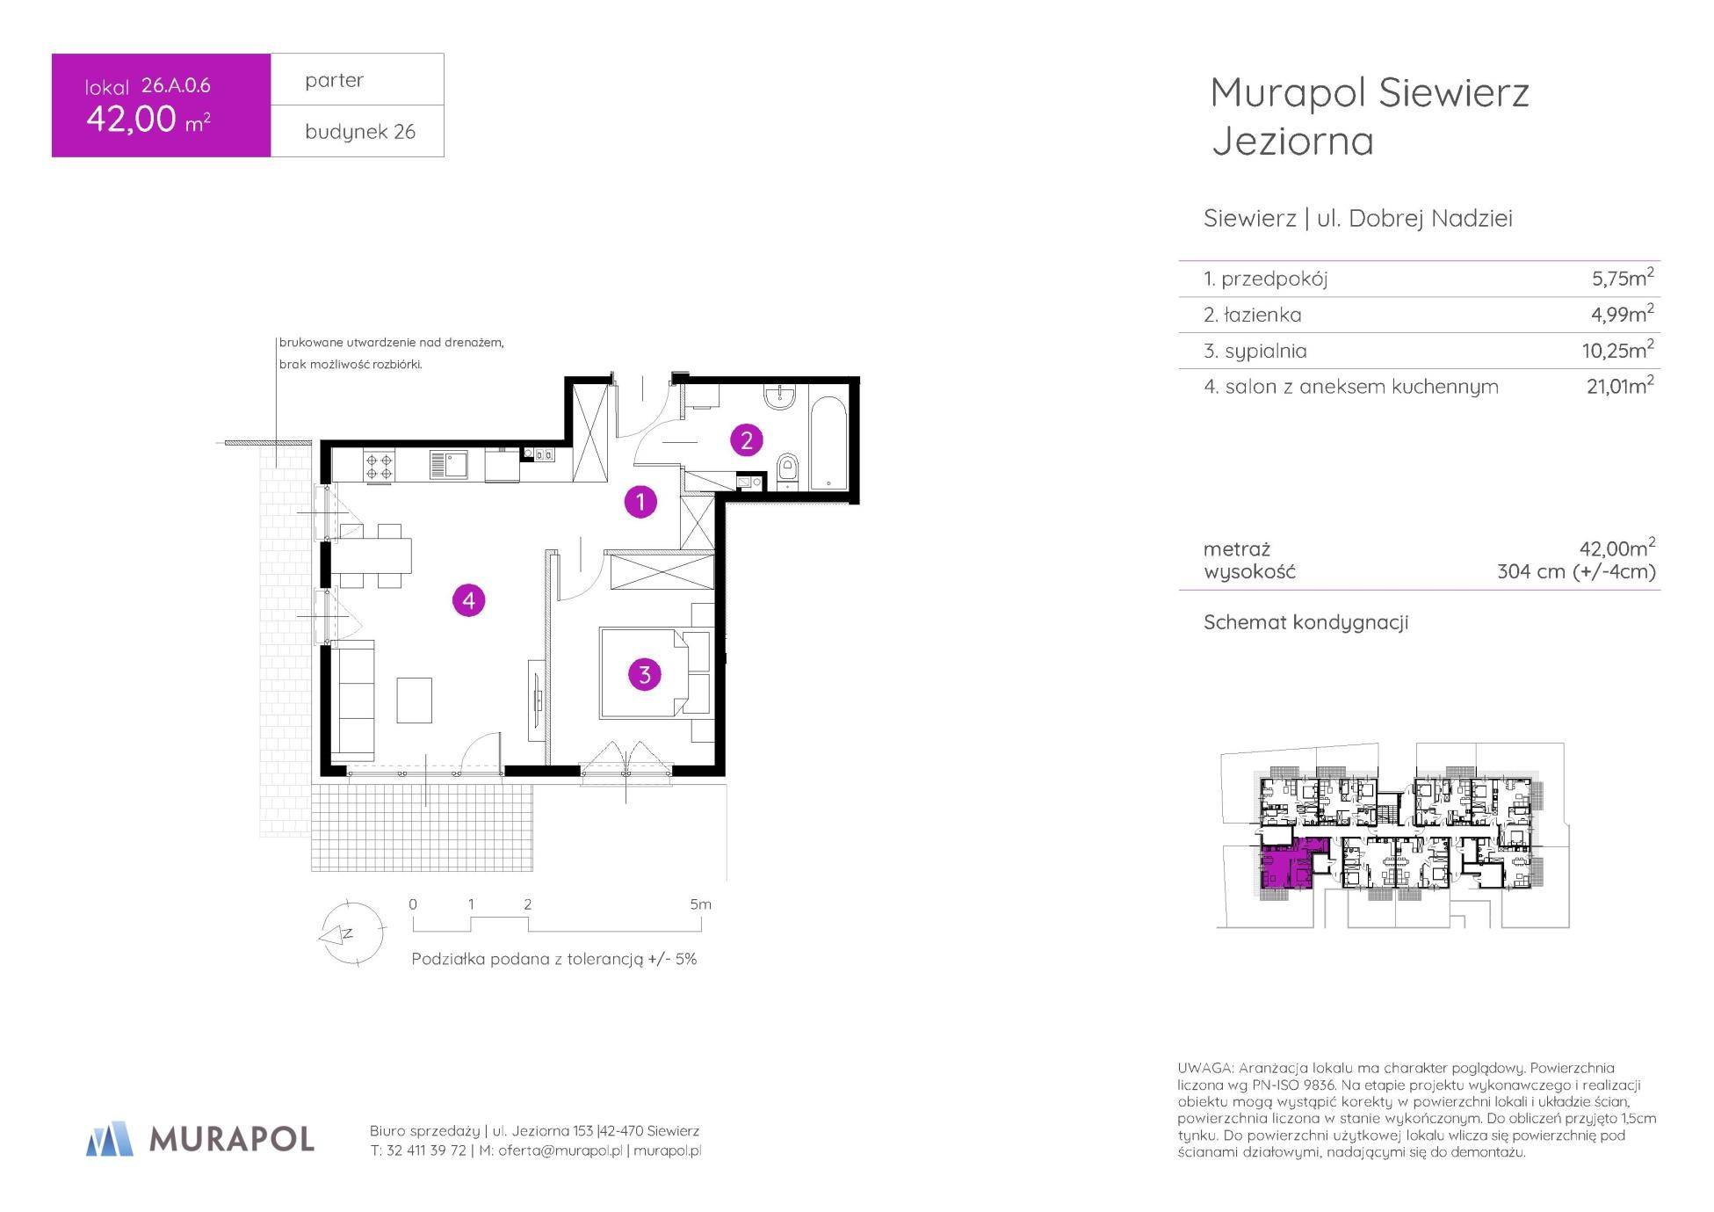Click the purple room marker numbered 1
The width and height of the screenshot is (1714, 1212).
point(640,502)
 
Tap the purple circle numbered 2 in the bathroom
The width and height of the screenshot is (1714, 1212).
point(747,439)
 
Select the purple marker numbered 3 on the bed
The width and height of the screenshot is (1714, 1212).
point(645,674)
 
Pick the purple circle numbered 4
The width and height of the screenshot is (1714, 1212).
point(468,600)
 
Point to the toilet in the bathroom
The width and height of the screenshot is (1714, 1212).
point(788,470)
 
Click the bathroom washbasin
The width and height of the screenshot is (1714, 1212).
point(779,397)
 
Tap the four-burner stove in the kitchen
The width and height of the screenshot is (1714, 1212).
point(380,465)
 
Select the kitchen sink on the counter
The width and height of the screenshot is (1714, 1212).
point(448,465)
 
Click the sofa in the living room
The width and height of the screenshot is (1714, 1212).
point(352,700)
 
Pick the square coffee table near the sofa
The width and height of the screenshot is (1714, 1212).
point(414,700)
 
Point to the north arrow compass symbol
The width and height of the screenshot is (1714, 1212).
point(351,933)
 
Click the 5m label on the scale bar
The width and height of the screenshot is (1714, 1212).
point(700,904)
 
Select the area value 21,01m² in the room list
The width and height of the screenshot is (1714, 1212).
point(1620,385)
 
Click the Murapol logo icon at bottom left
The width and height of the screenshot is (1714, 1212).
point(110,1138)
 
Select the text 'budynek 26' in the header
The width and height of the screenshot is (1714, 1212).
point(360,132)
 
